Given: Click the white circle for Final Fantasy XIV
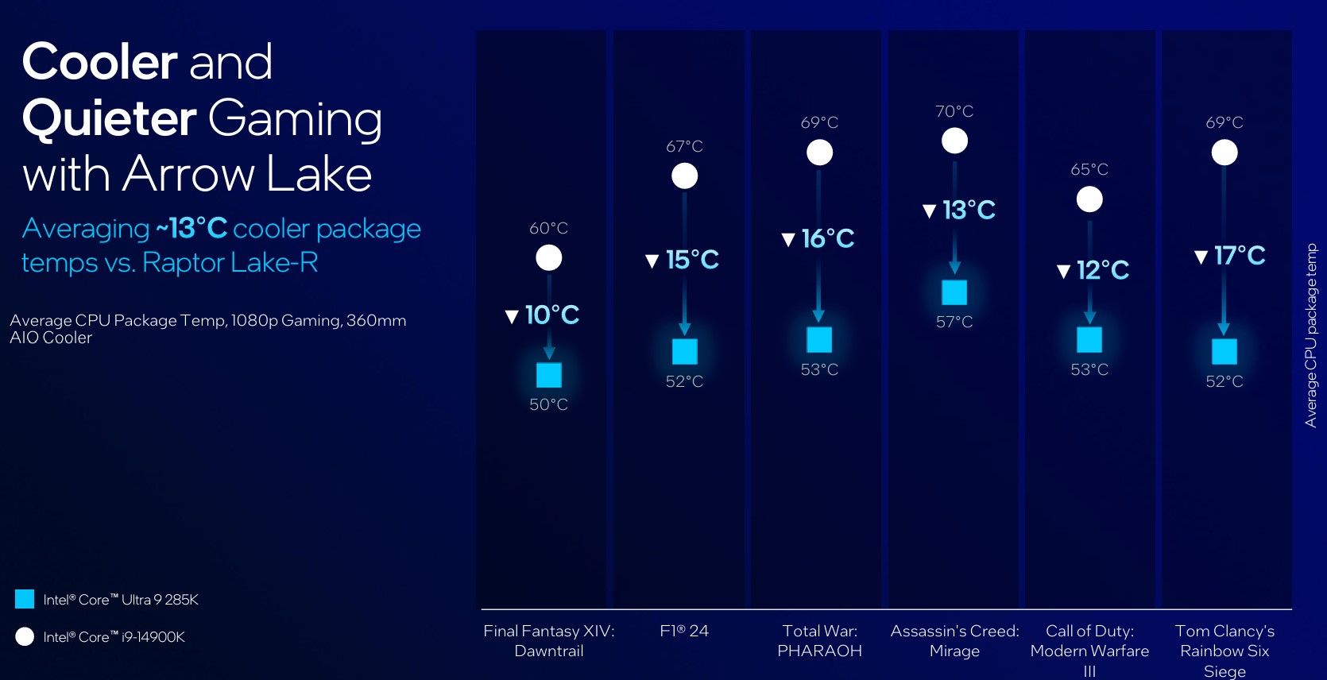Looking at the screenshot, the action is tap(548, 258).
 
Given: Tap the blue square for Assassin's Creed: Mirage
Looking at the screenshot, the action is tap(954, 292).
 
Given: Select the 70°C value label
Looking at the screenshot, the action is tap(954, 111).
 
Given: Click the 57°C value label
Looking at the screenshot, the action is tap(954, 323).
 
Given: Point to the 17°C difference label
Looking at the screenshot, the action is tap(1229, 256).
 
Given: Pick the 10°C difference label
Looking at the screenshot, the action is tap(542, 315).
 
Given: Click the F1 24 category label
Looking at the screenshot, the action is tap(684, 631).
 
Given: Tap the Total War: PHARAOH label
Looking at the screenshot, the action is tap(819, 641).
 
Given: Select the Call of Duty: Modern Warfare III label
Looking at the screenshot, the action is tap(1089, 651).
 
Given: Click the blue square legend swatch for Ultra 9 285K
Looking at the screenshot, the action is tap(25, 599).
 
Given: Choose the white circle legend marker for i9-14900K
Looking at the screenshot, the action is tap(25, 637).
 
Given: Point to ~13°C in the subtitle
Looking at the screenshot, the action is tap(192, 228).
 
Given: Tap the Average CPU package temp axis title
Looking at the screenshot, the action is tap(1311, 335).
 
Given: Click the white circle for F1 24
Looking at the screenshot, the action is tap(684, 176).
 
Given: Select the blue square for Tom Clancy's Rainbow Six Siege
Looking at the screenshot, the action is tap(1224, 352).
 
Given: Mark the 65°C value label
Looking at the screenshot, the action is tap(1089, 170).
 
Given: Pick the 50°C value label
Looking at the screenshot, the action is tap(548, 404).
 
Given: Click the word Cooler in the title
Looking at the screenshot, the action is tap(99, 62).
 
